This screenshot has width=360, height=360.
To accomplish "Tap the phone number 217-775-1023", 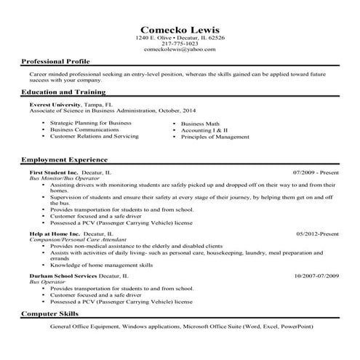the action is pyautogui.click(x=180, y=44).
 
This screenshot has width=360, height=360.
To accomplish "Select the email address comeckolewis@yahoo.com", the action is pyautogui.click(x=180, y=49).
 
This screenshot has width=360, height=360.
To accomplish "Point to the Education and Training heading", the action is pyautogui.click(x=63, y=92).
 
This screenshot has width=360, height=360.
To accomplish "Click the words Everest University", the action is pyautogui.click(x=55, y=105).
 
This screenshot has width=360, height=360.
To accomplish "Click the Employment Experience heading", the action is pyautogui.click(x=64, y=159).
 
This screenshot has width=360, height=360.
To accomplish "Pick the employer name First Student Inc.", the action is pyautogui.click(x=54, y=172).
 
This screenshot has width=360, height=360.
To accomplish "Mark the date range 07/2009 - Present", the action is pyautogui.click(x=316, y=172).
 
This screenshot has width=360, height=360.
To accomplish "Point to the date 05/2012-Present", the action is pyautogui.click(x=318, y=233).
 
